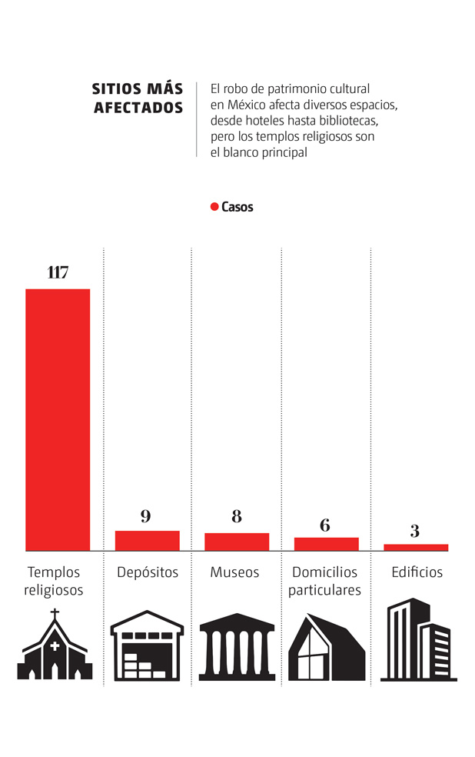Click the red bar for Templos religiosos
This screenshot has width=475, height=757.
click(58, 419)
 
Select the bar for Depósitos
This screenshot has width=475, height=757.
click(147, 541)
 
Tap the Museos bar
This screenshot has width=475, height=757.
click(237, 542)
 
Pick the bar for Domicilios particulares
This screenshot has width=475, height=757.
click(326, 544)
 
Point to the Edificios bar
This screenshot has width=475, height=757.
click(415, 547)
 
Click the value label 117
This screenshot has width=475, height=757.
click(58, 272)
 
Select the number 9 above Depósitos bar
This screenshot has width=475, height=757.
click(146, 516)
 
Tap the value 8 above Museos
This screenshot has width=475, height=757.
click(237, 517)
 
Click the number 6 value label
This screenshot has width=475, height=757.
click(325, 525)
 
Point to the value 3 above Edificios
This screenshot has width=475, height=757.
click(415, 531)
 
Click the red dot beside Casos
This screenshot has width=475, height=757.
click(214, 207)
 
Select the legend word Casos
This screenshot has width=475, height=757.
click(237, 207)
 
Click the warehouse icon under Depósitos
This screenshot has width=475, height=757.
click(147, 646)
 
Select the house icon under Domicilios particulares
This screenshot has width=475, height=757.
click(326, 647)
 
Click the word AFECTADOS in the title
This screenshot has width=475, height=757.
click(138, 108)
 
